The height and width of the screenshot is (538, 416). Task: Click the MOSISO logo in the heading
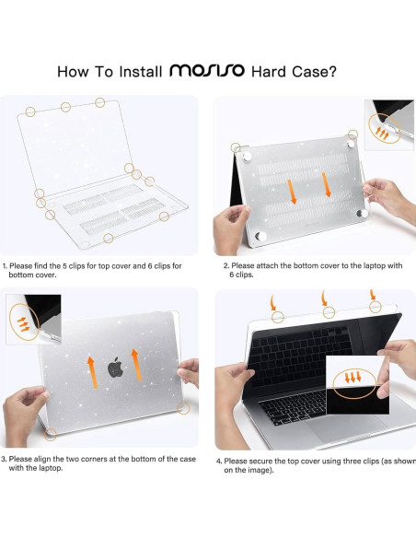pyautogui.click(x=207, y=70)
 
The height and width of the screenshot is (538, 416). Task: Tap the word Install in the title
pyautogui.click(x=141, y=72)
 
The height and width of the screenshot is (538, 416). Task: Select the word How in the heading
pyautogui.click(x=73, y=72)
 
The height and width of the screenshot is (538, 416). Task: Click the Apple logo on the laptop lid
pyautogui.click(x=115, y=367)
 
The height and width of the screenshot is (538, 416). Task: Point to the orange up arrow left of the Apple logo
pyautogui.click(x=92, y=372)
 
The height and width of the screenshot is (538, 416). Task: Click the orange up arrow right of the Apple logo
pyautogui.click(x=136, y=365)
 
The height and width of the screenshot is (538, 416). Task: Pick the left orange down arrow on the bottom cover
pyautogui.click(x=292, y=192)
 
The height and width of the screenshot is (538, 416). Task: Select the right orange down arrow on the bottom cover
pyautogui.click(x=326, y=185)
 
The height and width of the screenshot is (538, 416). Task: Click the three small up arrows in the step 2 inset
pyautogui.click(x=382, y=134)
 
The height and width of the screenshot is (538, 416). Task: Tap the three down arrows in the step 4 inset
pyautogui.click(x=352, y=377)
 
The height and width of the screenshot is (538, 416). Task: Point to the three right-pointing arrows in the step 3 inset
pyautogui.click(x=24, y=324)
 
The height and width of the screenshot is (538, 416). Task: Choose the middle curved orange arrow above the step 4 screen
pyautogui.click(x=324, y=298)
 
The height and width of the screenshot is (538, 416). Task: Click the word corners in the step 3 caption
pyautogui.click(x=93, y=459)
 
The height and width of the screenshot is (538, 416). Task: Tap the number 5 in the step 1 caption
pyautogui.click(x=64, y=266)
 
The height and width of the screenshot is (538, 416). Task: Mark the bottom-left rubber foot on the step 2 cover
pyautogui.click(x=260, y=237)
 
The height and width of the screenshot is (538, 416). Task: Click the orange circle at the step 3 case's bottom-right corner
pyautogui.click(x=184, y=408)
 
